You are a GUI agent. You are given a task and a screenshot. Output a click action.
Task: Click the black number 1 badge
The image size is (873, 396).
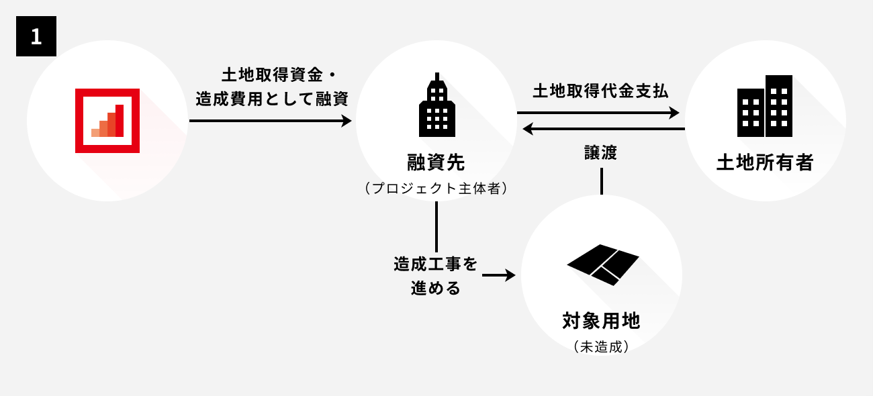(36, 36)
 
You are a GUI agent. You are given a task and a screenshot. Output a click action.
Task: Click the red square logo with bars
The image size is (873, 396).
(107, 121)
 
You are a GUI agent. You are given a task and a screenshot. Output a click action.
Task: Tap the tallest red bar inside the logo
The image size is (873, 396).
(120, 120)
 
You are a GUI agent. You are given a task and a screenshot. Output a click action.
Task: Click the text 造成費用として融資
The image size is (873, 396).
(272, 99)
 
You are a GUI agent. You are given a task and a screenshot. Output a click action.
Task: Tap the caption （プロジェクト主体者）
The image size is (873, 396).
(436, 189)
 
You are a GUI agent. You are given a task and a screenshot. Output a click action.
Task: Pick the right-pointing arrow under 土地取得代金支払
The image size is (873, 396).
(598, 113)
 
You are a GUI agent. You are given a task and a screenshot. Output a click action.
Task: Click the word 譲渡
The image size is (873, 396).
(601, 152)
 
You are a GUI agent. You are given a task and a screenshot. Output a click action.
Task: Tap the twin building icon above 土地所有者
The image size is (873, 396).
(765, 106)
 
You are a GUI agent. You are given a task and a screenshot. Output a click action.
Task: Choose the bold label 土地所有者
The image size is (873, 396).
(765, 162)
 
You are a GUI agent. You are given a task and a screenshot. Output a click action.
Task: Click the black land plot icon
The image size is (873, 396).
(602, 264)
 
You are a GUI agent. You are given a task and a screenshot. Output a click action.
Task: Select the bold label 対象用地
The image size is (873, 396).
(601, 321)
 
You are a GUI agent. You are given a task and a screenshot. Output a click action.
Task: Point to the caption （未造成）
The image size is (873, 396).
(601, 347)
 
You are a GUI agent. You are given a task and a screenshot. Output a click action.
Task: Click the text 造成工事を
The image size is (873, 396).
(436, 264)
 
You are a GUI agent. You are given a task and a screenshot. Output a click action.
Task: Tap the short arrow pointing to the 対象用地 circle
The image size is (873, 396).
(498, 275)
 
